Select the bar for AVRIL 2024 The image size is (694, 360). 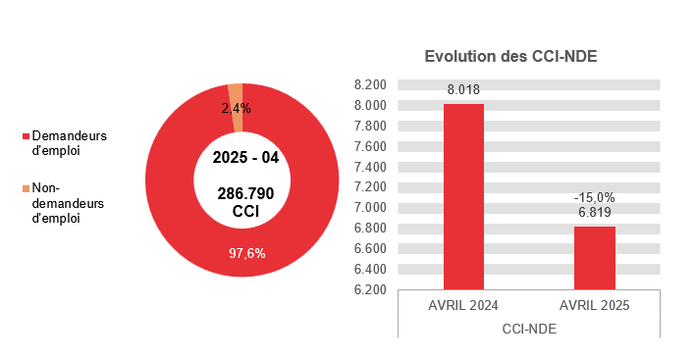(x=463, y=196)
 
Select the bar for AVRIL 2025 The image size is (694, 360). (x=594, y=257)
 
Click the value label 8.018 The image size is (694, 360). (x=463, y=90)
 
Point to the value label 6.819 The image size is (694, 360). (x=594, y=212)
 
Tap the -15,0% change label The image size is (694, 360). (x=594, y=197)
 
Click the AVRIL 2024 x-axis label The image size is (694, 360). (x=463, y=306)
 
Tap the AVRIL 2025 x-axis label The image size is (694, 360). (x=594, y=306)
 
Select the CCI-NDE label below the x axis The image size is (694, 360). (x=528, y=329)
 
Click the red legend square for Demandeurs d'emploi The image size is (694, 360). (x=26, y=135)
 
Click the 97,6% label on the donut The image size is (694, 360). (x=247, y=253)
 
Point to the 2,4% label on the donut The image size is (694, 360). (x=236, y=108)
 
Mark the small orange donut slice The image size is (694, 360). (x=235, y=94)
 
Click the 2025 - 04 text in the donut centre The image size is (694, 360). (x=245, y=158)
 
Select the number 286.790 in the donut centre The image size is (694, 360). (x=245, y=194)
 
